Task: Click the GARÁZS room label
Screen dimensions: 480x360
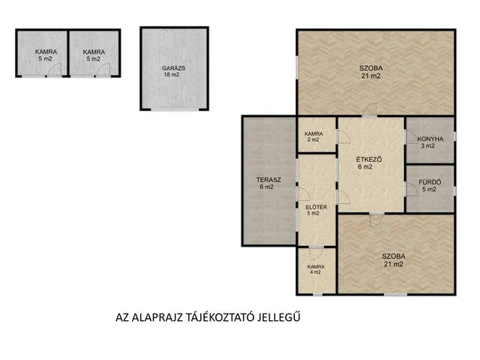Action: [x=173, y=68]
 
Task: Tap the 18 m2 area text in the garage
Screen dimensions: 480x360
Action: [x=172, y=75]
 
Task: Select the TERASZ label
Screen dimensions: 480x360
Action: [x=268, y=180]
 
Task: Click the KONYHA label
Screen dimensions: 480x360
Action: [x=430, y=139]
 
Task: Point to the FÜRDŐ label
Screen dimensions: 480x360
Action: [x=430, y=182]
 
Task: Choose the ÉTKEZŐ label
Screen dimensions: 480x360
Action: [x=369, y=160]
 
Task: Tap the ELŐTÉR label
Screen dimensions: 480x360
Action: [x=316, y=207]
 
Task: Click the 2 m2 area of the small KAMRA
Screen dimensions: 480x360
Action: [x=313, y=139]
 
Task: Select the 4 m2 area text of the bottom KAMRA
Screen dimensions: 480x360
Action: [x=315, y=272]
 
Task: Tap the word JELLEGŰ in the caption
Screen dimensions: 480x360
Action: [x=278, y=318]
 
